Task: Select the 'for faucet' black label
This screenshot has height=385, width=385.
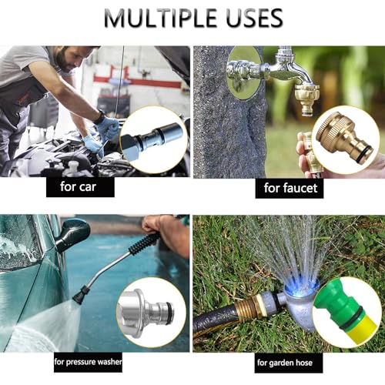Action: tap(293, 187)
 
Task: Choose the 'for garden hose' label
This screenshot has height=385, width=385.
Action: tap(289, 361)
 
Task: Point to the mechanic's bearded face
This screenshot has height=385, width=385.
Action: tap(67, 59)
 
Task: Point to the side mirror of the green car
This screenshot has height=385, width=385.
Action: tap(72, 233)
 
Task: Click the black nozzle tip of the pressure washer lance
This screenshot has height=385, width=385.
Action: tap(80, 295)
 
